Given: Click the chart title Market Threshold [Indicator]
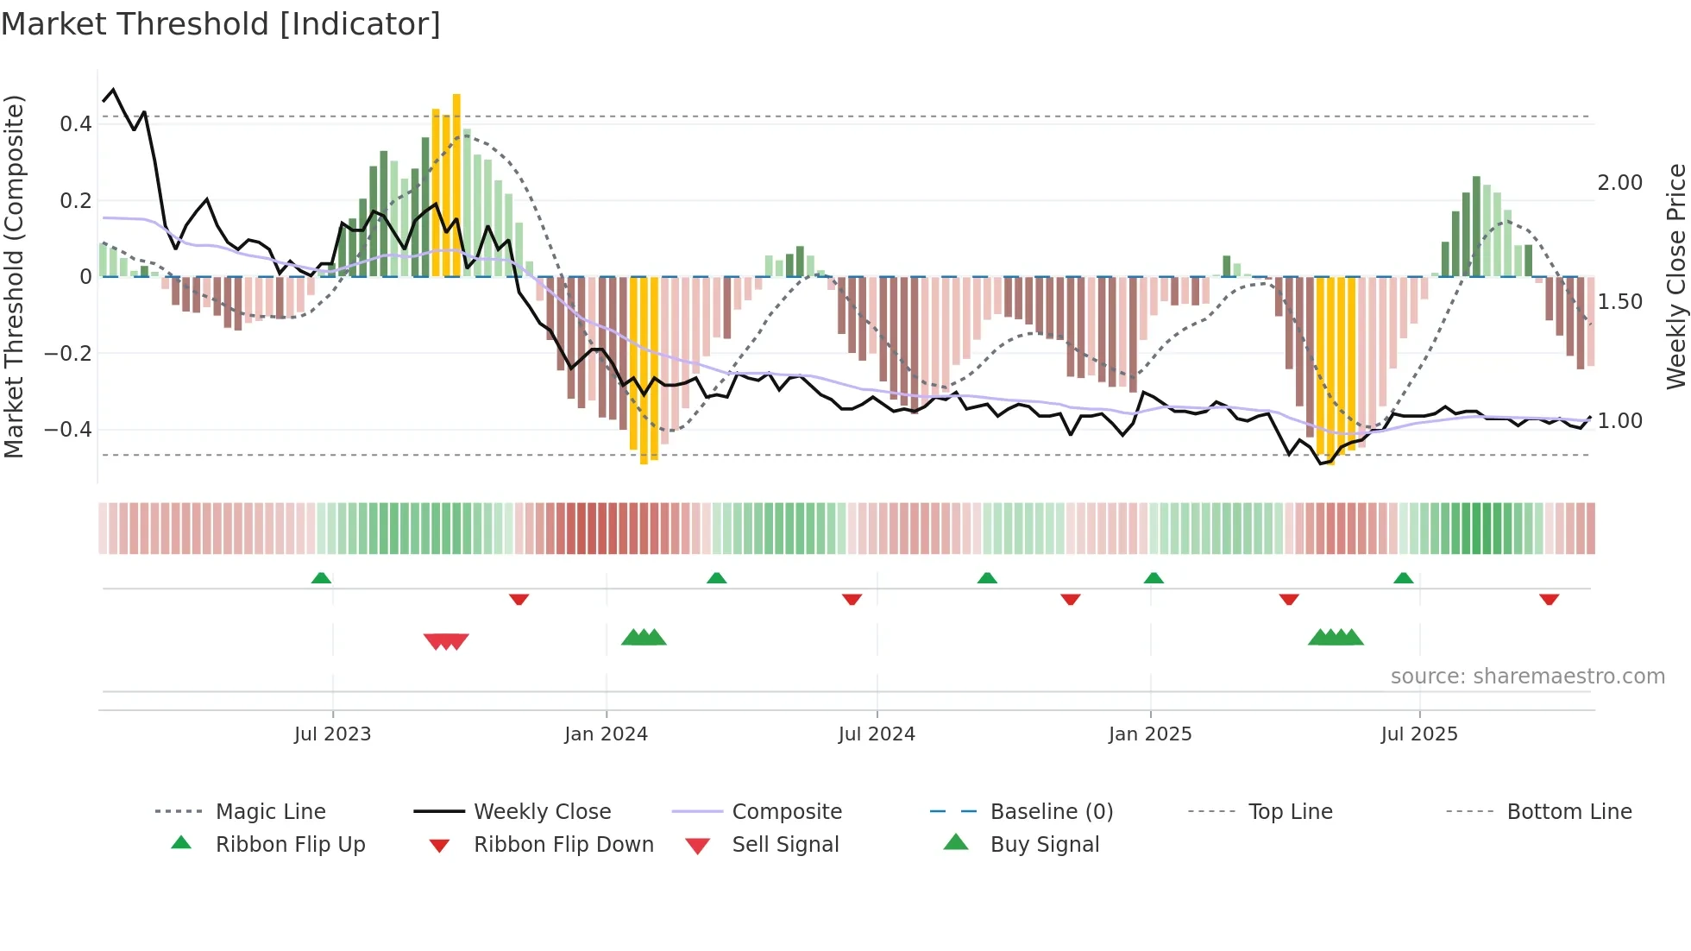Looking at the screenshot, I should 221,24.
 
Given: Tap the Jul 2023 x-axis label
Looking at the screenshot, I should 332,734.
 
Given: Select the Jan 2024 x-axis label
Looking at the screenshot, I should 606,734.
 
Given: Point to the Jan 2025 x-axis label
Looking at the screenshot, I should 1150,734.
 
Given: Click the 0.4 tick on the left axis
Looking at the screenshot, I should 76,124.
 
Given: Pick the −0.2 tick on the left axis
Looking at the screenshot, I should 68,354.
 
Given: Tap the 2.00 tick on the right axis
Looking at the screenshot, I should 1619,183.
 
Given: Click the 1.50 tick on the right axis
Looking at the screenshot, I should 1619,302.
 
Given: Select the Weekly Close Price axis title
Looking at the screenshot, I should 1675,276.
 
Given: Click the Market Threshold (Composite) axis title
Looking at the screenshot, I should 14,276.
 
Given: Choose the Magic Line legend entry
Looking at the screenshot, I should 270,812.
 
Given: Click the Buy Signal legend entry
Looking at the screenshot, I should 1044,845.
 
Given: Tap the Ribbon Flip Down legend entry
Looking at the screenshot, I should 563,845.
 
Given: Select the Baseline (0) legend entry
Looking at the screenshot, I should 1051,812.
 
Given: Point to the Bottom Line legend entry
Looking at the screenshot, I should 1568,812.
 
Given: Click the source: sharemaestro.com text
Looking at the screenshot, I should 1527,677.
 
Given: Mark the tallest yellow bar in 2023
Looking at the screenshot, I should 456,186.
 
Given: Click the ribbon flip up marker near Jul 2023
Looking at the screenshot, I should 321,577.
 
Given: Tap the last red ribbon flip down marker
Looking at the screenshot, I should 1549,599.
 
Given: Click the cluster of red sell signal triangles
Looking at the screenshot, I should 446,641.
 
